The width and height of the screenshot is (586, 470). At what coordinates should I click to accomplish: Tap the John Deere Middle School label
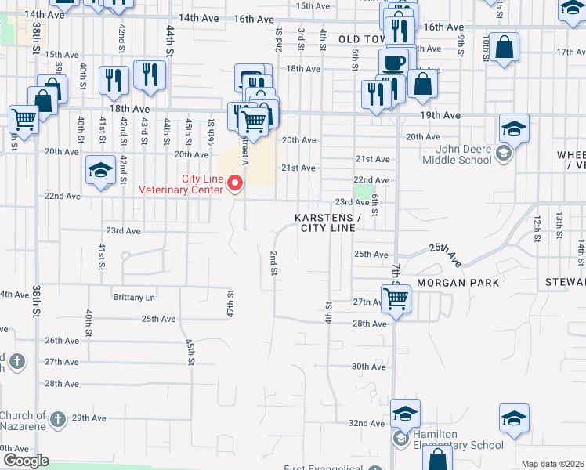click(x=457, y=154)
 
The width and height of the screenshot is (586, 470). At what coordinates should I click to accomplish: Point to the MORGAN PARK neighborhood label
click(x=453, y=282)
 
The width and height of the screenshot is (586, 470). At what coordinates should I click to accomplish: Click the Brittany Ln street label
click(x=134, y=298)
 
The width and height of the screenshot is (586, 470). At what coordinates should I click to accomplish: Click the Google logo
click(x=25, y=461)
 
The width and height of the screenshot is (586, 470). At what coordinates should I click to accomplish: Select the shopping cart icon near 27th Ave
click(x=396, y=298)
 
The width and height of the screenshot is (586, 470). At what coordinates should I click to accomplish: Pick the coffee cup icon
click(x=393, y=63)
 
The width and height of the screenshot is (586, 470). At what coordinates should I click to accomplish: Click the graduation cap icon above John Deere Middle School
click(x=514, y=128)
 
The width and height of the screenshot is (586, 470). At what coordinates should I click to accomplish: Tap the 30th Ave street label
click(x=368, y=367)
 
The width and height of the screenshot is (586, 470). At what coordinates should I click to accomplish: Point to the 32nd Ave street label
click(x=367, y=423)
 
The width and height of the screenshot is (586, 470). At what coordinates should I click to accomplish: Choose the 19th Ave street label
click(x=439, y=115)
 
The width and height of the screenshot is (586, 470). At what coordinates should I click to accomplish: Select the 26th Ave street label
click(x=62, y=341)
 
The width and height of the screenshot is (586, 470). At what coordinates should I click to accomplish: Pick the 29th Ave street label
click(x=89, y=418)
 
